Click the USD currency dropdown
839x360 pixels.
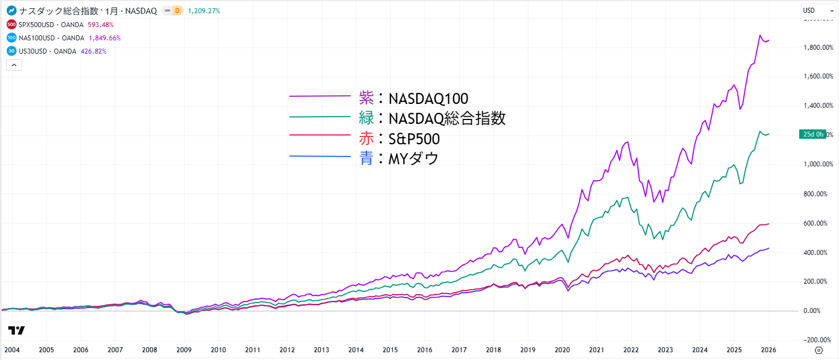818,11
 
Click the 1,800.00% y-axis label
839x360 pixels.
818,47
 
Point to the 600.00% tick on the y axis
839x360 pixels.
818,223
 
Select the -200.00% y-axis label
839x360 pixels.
818,340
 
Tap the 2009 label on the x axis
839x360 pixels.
184,349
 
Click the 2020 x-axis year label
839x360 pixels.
562,349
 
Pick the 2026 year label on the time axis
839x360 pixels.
768,349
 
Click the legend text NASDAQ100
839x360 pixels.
428,98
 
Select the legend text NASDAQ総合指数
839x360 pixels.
447,118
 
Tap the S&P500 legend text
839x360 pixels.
415,139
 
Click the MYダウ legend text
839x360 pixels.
414,159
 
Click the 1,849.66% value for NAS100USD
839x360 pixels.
104,38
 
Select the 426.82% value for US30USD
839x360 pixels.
93,51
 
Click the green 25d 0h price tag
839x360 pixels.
812,134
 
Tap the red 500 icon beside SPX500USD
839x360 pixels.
11,24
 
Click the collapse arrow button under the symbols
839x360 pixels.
14,65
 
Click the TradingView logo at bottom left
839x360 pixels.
17,330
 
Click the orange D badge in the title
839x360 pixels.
177,11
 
